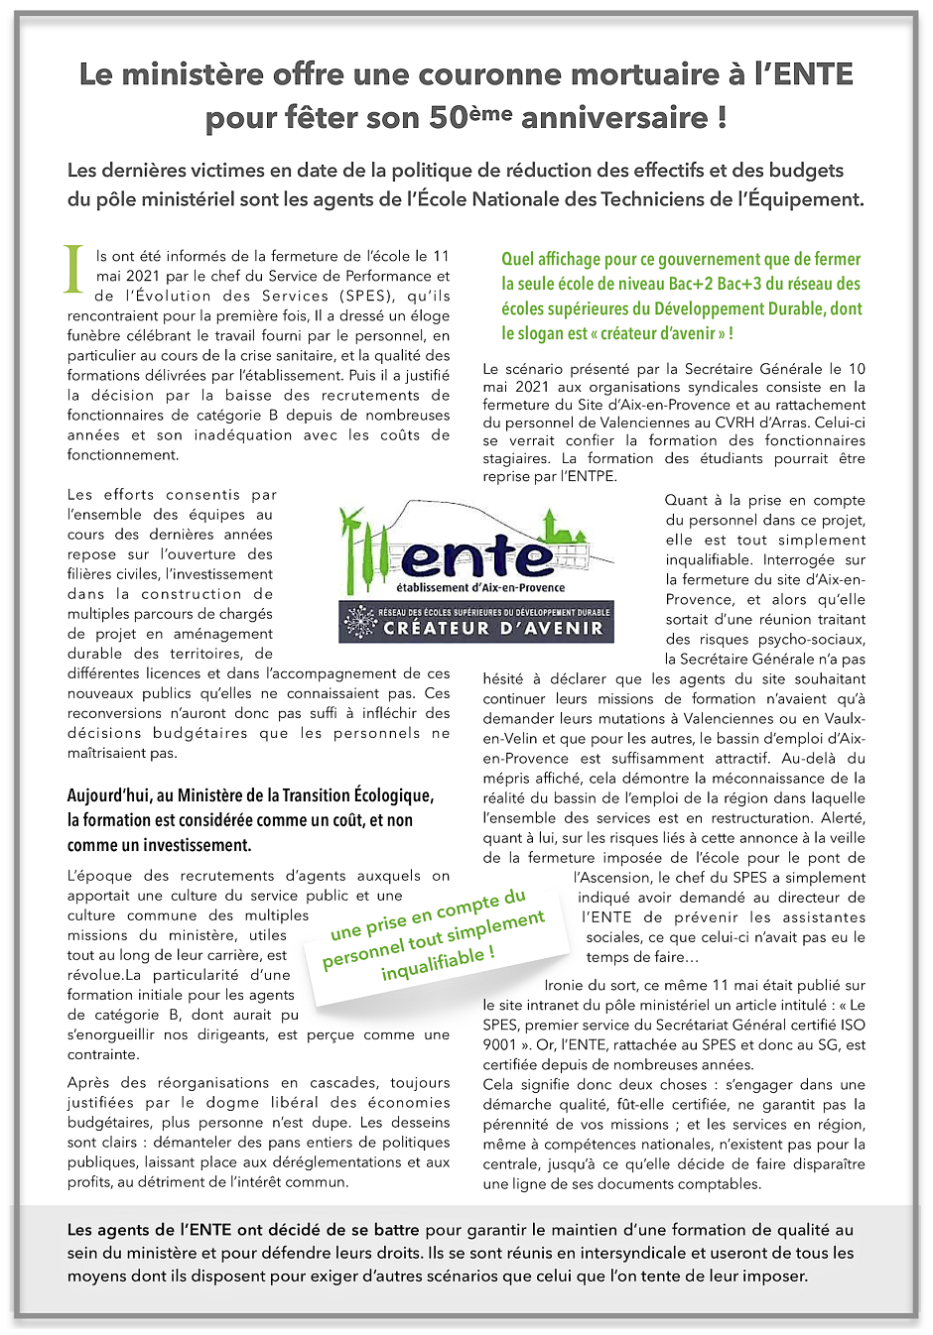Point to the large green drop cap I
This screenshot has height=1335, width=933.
[74, 269]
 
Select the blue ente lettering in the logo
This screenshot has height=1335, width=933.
[477, 557]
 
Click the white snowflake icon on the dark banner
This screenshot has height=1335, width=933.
[359, 622]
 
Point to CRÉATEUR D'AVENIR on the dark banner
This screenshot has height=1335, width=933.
[493, 628]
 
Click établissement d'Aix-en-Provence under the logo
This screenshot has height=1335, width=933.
[480, 587]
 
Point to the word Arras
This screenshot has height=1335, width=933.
[842, 423]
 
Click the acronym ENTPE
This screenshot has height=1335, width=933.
[590, 476]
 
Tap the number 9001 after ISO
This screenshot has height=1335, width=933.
[500, 1044]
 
